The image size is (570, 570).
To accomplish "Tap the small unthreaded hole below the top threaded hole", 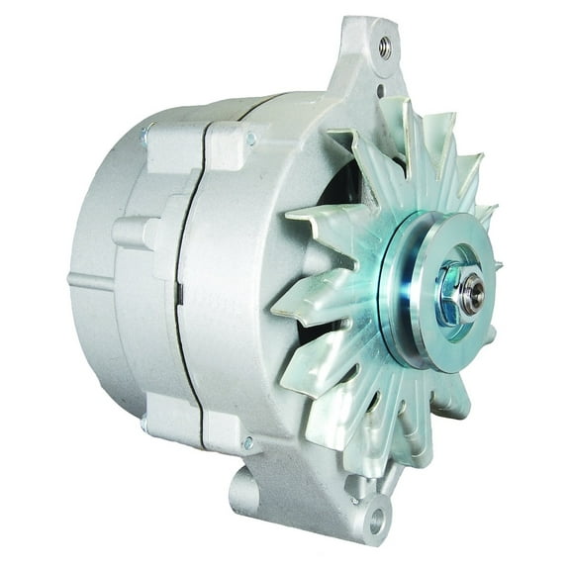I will click(379, 91).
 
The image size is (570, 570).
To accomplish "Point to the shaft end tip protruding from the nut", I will click(475, 292).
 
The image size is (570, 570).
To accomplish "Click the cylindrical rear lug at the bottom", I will click(241, 491).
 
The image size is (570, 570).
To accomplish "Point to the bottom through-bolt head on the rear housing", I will click(146, 424).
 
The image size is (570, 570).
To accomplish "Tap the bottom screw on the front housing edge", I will click(247, 441).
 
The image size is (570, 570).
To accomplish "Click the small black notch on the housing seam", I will click(179, 293).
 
